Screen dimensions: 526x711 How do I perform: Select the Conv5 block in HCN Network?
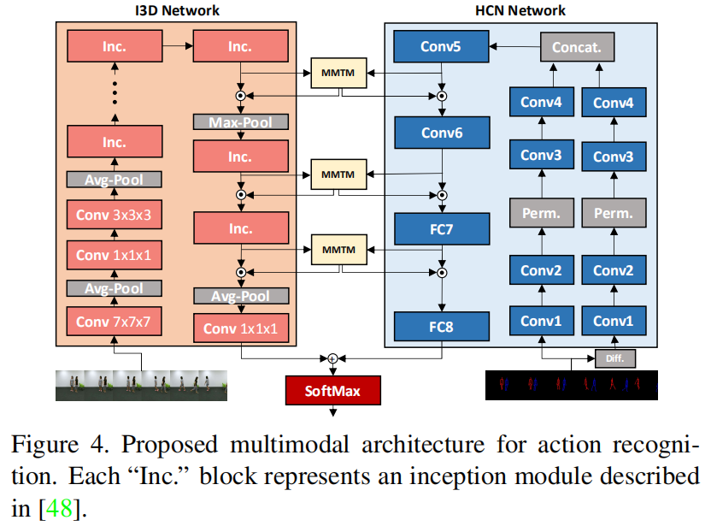pyautogui.click(x=440, y=47)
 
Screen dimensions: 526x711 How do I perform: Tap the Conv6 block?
pyautogui.click(x=440, y=133)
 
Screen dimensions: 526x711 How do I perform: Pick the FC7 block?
pyautogui.click(x=440, y=229)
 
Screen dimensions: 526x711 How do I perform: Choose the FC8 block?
pyautogui.click(x=440, y=326)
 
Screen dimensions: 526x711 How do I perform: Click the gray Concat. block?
pyautogui.click(x=577, y=47)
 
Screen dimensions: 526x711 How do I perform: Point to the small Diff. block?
pyautogui.click(x=615, y=358)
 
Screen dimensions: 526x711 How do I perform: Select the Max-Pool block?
pyautogui.click(x=240, y=122)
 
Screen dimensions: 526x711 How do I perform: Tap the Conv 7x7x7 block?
pyautogui.click(x=115, y=322)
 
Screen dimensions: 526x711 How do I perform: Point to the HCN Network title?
pyautogui.click(x=520, y=10)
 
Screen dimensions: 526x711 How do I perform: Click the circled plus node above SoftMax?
pyautogui.click(x=332, y=358)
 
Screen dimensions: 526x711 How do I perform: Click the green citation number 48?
pyautogui.click(x=53, y=510)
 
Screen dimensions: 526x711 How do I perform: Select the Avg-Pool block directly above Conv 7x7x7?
pyautogui.click(x=115, y=288)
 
